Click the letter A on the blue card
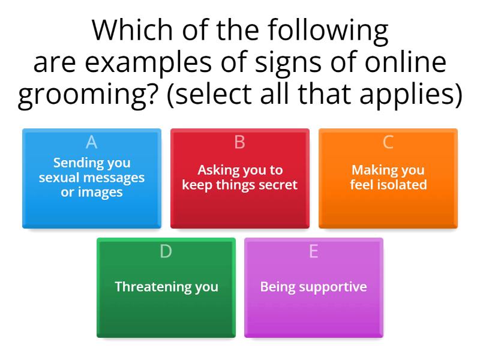click(x=91, y=142)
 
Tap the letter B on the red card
click(x=239, y=142)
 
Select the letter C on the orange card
click(x=388, y=142)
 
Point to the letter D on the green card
click(x=166, y=252)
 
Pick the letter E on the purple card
click(x=313, y=252)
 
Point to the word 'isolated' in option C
click(x=404, y=185)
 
